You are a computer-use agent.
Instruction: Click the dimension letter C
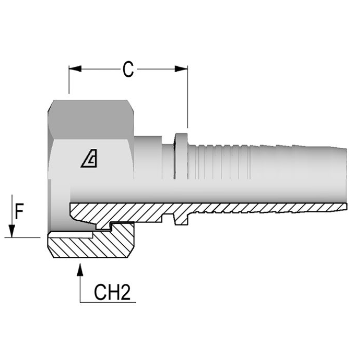click(x=128, y=70)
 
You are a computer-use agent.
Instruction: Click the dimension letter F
click(x=19, y=212)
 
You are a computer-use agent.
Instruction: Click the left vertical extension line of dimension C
click(x=69, y=80)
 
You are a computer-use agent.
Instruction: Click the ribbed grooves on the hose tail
click(x=220, y=162)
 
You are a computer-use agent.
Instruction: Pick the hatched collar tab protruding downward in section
click(x=181, y=220)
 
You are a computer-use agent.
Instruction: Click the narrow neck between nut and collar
click(x=168, y=160)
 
